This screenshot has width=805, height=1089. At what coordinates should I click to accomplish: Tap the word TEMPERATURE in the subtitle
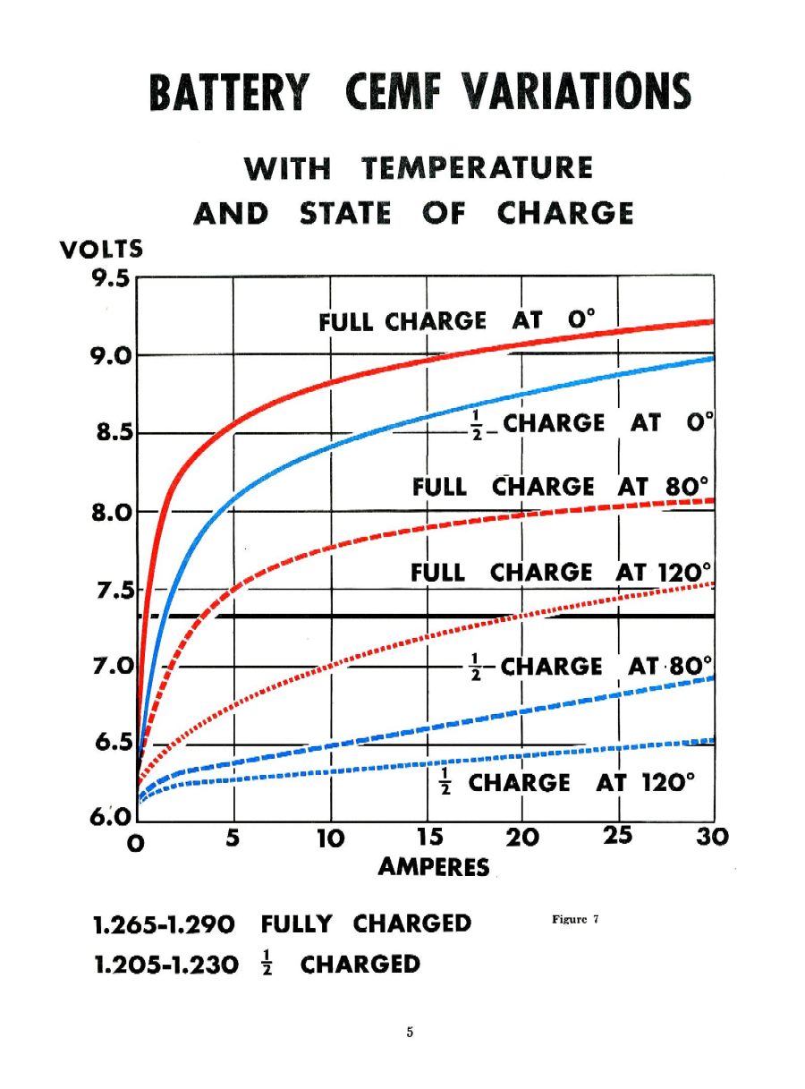point(478,168)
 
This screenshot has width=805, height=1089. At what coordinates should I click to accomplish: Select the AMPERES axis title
point(434,867)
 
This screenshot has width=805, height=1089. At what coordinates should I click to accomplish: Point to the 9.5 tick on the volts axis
point(111,278)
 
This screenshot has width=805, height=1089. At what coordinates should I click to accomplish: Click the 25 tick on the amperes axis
point(617,836)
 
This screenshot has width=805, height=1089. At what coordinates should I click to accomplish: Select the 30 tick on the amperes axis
point(712,838)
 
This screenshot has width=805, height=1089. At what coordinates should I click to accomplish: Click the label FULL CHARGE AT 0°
point(456,321)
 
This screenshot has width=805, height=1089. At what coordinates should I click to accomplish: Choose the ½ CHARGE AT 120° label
point(566,783)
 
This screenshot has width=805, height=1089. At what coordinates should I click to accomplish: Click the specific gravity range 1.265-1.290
point(165,923)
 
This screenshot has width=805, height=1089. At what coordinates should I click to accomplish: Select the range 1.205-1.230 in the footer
point(165,965)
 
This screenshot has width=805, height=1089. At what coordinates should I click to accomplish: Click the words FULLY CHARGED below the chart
point(366,923)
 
